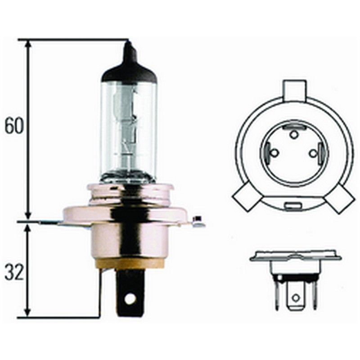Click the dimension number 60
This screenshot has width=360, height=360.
tap(14, 126)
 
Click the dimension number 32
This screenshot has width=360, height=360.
tap(14, 273)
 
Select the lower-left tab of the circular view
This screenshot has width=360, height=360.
tap(245, 198)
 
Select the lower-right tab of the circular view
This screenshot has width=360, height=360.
tap(340, 198)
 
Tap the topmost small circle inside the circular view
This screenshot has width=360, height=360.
tap(293, 134)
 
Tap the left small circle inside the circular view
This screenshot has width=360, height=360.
tap(273, 153)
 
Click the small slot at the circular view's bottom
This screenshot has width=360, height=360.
tap(293, 207)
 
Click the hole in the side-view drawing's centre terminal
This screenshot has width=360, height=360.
tap(295, 297)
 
